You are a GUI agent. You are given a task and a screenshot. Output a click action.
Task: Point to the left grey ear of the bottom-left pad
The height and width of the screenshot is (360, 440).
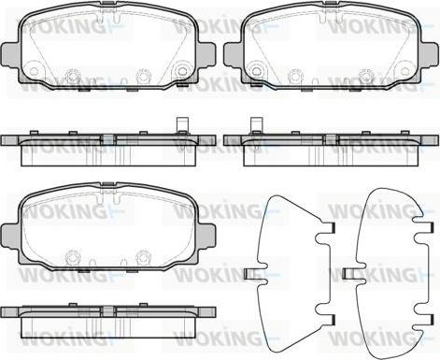[10, 236]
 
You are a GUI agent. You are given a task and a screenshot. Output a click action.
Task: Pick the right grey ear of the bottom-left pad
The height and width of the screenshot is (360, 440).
[206, 236]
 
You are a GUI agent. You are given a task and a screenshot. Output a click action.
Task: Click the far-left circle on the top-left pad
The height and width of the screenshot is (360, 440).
[35, 71]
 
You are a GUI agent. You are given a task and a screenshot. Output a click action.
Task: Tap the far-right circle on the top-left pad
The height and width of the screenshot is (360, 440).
[181, 71]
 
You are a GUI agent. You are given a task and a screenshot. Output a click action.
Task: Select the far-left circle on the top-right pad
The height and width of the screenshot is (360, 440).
[257, 71]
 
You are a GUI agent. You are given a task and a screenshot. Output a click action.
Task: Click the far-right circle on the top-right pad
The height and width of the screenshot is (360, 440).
[405, 71]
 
